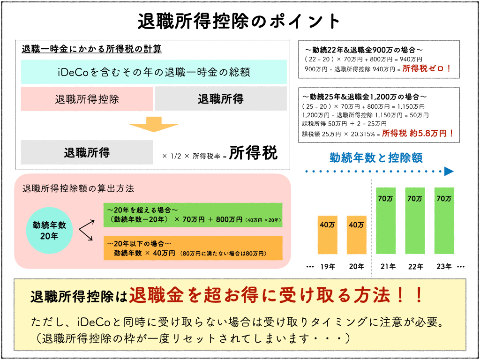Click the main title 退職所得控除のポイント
point(240,21)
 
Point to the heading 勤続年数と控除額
point(376,157)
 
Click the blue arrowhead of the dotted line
point(449,172)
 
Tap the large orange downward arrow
point(151,124)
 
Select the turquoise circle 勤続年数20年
point(49,230)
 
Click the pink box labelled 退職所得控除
point(87,99)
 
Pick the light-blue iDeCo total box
point(154,72)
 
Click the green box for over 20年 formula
point(193,215)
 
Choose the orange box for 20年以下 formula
point(193,248)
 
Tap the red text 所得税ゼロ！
point(427,68)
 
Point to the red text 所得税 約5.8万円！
point(419,133)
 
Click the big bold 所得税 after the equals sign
point(254,153)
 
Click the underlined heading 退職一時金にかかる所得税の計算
point(92,49)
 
